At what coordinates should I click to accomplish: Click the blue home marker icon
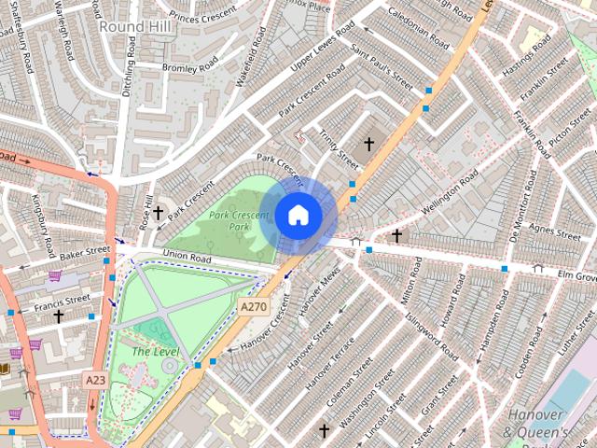point(298,215)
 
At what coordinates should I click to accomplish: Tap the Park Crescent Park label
point(239,220)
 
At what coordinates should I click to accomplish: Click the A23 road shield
point(95,380)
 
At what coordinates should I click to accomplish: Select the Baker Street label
point(85,252)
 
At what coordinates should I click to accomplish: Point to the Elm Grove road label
point(576,277)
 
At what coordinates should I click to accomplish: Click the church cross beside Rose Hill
point(159,213)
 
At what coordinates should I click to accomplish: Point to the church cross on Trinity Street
point(368,144)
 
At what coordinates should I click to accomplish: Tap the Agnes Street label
point(554,231)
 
